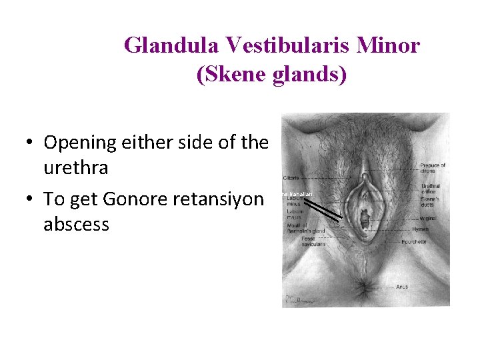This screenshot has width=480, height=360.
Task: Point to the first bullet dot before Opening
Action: tap(31, 143)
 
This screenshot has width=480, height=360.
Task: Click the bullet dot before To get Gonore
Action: tap(31, 200)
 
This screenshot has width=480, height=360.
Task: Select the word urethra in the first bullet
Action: tap(75, 168)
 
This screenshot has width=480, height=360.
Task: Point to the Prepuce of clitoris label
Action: tap(433, 168)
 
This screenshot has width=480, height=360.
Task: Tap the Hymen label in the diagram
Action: tap(429, 229)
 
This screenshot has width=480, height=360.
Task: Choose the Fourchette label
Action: tap(433, 242)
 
